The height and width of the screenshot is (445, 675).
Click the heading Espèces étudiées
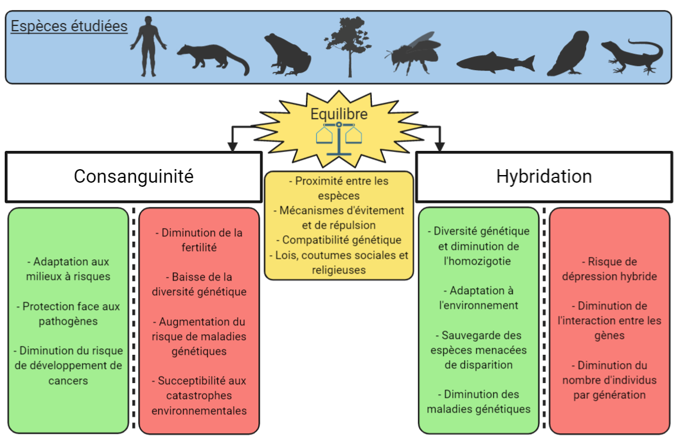(x=69, y=27)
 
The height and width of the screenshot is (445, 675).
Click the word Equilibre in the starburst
(x=339, y=114)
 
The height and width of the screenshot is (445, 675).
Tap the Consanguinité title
(x=134, y=176)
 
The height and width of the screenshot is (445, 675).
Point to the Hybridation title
(x=544, y=176)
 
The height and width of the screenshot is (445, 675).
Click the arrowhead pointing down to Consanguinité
(x=232, y=146)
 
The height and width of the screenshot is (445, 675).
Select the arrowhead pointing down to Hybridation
(x=440, y=146)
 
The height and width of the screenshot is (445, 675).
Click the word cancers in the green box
(x=68, y=381)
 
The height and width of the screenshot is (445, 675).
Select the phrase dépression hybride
(x=609, y=276)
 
